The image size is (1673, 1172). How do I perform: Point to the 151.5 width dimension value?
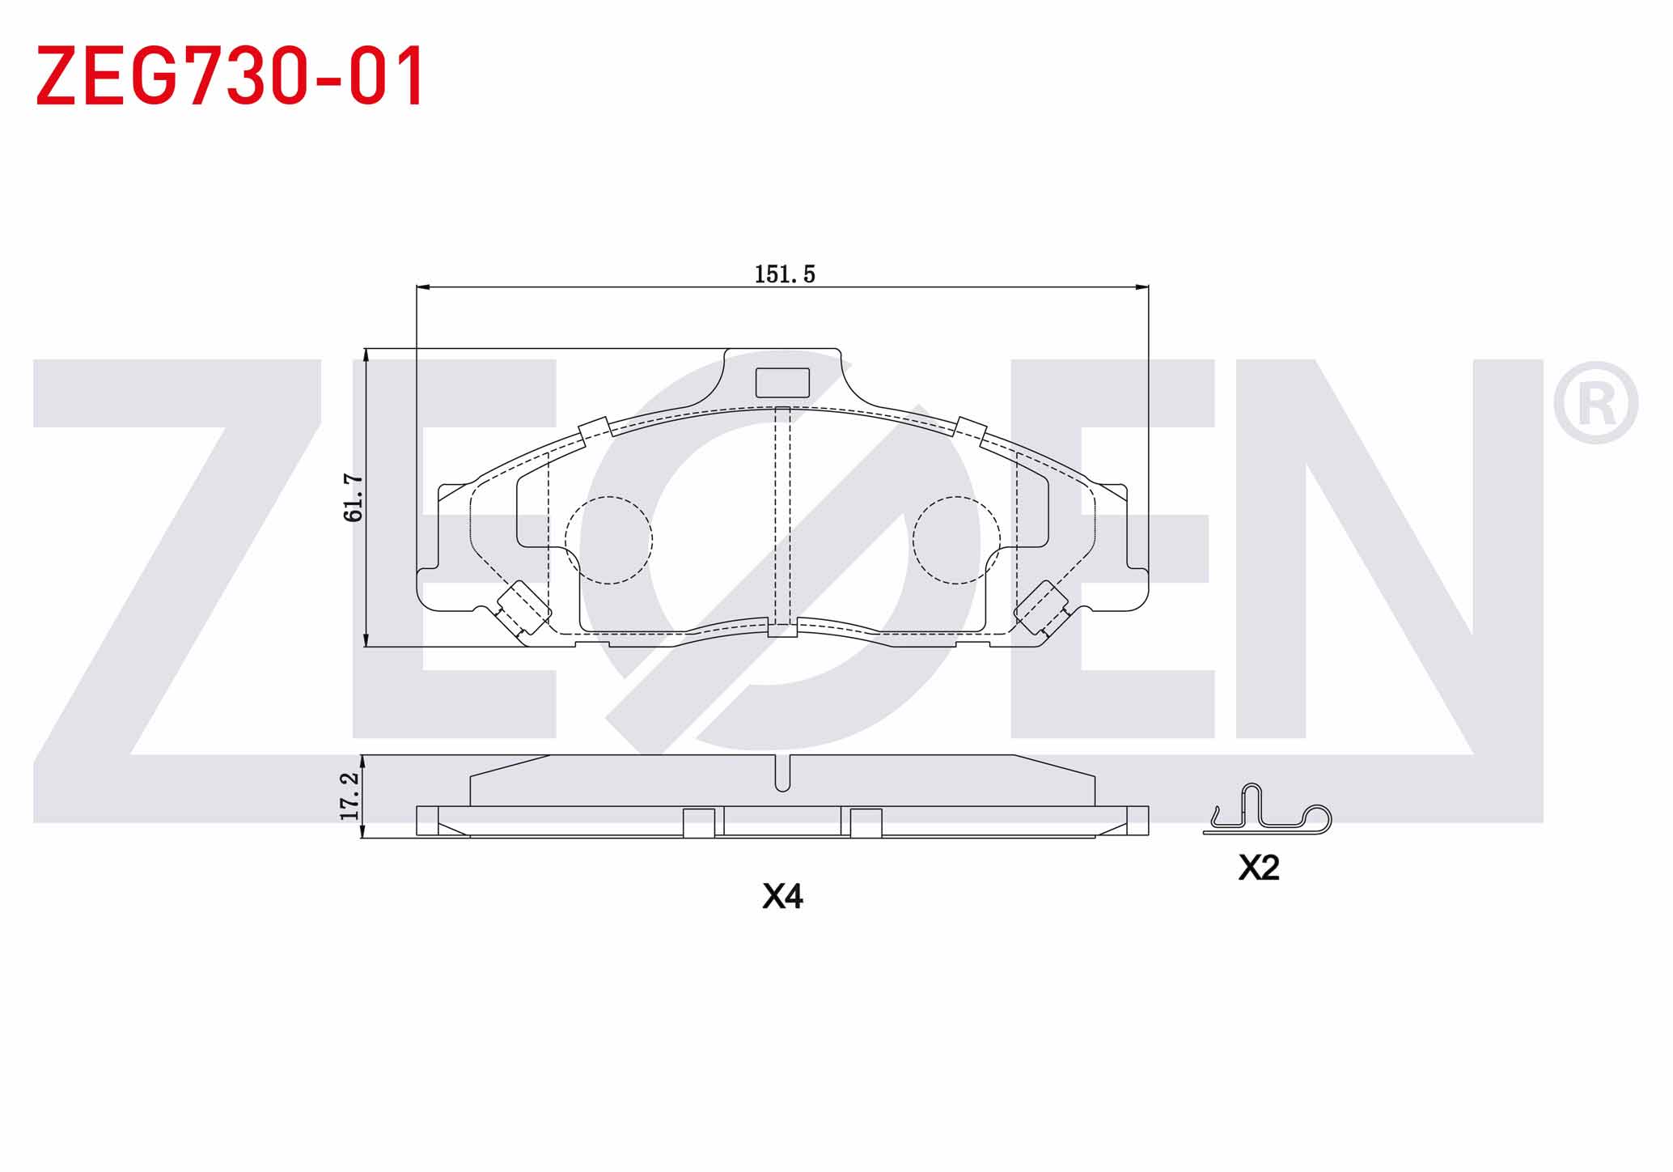tap(785, 274)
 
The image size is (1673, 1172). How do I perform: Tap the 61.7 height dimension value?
tap(354, 498)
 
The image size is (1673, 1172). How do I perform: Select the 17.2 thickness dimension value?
tap(349, 796)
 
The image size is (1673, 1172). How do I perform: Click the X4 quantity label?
tap(782, 897)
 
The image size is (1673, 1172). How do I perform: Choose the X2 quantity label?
tap(1259, 868)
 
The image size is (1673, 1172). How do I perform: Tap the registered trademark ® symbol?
tap(1595, 402)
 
